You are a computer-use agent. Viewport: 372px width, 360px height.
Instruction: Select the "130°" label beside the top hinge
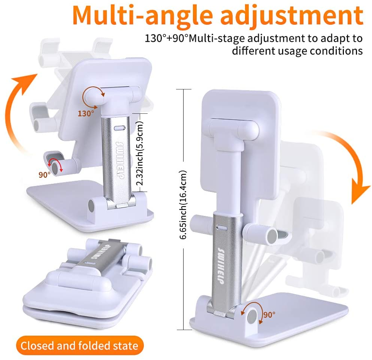pyautogui.click(x=86, y=113)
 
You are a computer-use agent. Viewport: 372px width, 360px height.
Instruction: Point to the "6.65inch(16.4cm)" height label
pyautogui.click(x=183, y=205)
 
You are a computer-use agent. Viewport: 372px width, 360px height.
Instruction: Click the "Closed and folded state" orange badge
pyautogui.click(x=80, y=345)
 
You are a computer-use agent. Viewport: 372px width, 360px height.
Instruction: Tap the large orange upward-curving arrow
pyautogui.click(x=19, y=112)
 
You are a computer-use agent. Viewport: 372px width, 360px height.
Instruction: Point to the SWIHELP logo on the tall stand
pyautogui.click(x=221, y=266)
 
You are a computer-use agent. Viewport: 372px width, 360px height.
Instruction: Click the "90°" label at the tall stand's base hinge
pyautogui.click(x=269, y=314)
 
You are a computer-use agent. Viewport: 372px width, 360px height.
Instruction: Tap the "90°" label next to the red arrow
pyautogui.click(x=44, y=175)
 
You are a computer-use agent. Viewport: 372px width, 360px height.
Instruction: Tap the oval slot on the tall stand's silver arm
pyautogui.click(x=222, y=228)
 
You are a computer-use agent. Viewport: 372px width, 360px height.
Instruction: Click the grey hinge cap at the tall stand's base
pyautogui.click(x=252, y=317)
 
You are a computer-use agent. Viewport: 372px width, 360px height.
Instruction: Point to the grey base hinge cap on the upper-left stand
pyautogui.click(x=91, y=206)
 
